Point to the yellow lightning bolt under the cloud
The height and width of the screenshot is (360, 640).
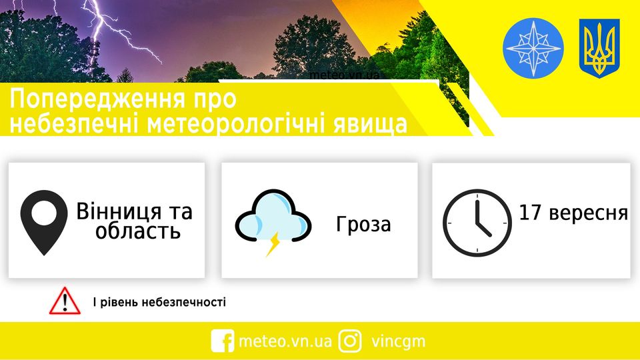point(273,245)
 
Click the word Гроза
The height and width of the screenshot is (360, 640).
point(363,225)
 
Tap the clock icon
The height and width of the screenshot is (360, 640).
point(477,222)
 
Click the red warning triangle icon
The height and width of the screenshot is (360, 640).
point(64,302)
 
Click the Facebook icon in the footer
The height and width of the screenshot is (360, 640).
point(222,341)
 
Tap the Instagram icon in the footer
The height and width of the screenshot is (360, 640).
point(350,341)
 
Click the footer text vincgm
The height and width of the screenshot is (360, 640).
point(398,341)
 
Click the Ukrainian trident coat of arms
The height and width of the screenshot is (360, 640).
point(599,48)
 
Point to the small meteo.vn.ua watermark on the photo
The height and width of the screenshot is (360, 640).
point(344,75)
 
